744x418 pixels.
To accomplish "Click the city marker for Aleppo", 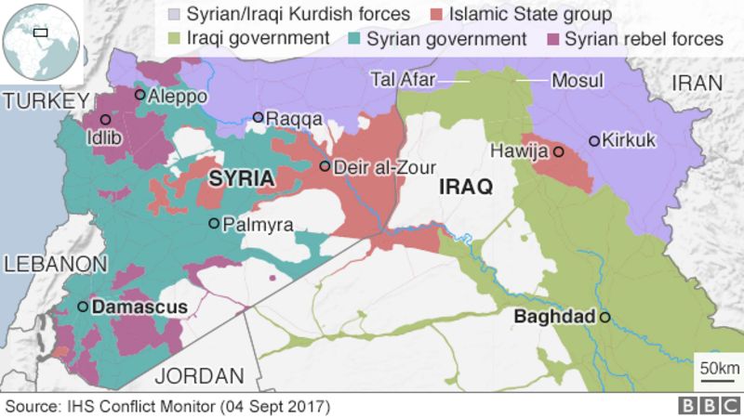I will [140, 94].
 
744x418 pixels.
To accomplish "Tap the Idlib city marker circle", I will [105, 120].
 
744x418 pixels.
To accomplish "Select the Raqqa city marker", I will [259, 117].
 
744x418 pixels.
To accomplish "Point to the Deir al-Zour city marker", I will [325, 166].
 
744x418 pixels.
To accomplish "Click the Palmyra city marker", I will [214, 223].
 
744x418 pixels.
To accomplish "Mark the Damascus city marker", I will [83, 307].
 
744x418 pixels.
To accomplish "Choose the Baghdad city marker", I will [604, 318].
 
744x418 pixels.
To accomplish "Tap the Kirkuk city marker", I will [594, 141].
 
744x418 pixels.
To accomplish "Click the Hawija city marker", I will [558, 151].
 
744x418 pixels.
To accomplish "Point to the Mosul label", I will [578, 81].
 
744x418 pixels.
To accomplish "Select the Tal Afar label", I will [403, 81].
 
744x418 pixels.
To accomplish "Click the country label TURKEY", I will [45, 100].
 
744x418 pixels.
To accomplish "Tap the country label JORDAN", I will [199, 375].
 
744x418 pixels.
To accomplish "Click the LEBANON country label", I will [54, 264].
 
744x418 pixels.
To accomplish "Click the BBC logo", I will [705, 406].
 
